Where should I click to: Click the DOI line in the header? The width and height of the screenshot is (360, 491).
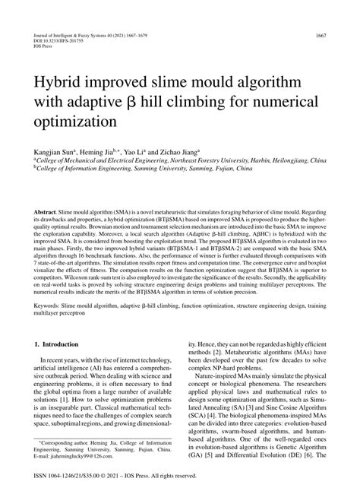click(55, 43)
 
